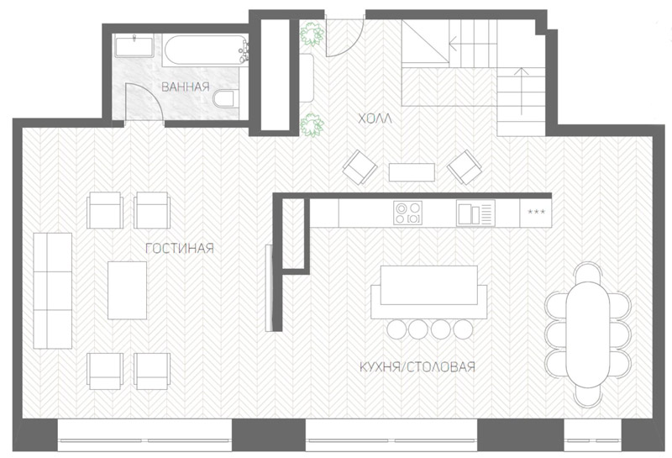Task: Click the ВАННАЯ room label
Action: pyautogui.click(x=185, y=87)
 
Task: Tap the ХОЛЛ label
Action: pyautogui.click(x=375, y=118)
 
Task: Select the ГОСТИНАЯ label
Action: pyautogui.click(x=180, y=249)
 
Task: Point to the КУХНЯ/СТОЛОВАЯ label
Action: pyautogui.click(x=417, y=367)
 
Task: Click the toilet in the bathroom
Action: pyautogui.click(x=224, y=98)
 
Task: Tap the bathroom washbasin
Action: pyautogui.click(x=134, y=47)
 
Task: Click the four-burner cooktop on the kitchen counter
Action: pyautogui.click(x=407, y=213)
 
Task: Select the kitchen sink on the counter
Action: pyautogui.click(x=475, y=213)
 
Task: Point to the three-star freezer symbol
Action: pyautogui.click(x=536, y=212)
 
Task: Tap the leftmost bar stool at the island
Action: pyautogui.click(x=396, y=329)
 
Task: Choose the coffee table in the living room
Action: pyautogui.click(x=127, y=290)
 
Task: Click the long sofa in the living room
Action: pyautogui.click(x=52, y=291)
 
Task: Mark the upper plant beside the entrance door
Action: pyautogui.click(x=312, y=34)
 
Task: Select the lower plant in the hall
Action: pyautogui.click(x=312, y=125)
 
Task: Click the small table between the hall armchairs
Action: pyautogui.click(x=412, y=172)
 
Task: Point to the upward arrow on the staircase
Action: pyautogui.click(x=521, y=92)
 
